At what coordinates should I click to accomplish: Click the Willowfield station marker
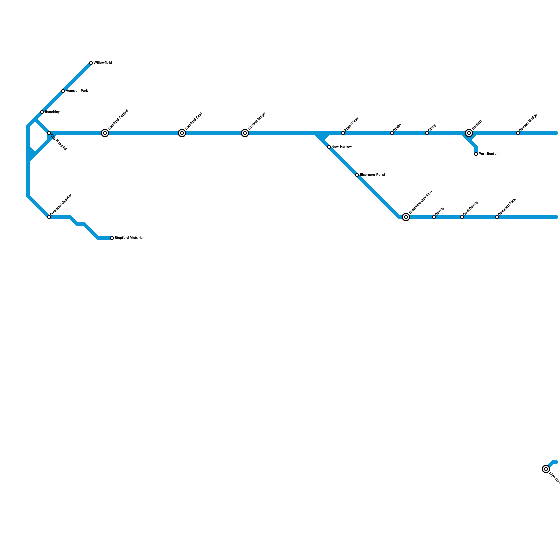[91, 63]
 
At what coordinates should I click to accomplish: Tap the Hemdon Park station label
[77, 91]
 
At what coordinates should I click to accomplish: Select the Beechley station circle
[42, 112]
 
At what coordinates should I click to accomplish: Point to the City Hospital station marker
[49, 133]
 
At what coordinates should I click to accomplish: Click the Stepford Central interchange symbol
[105, 133]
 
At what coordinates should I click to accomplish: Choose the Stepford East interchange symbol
[182, 133]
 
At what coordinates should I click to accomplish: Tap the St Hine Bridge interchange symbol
[245, 133]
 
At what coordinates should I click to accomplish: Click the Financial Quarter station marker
[49, 217]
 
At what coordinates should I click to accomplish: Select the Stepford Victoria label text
[128, 238]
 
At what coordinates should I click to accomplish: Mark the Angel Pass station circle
[343, 133]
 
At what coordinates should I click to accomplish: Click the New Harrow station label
[342, 147]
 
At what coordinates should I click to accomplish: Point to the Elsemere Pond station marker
[357, 175]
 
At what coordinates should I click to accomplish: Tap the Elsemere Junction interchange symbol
[406, 217]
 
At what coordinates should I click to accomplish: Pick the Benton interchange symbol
[469, 133]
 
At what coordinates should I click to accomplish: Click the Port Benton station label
[489, 154]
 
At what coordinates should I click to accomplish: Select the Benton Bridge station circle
[518, 133]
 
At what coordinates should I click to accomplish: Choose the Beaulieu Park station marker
[497, 217]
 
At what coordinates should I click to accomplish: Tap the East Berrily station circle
[462, 217]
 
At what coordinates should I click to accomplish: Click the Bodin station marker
[392, 133]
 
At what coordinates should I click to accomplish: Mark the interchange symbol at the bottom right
[546, 469]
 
